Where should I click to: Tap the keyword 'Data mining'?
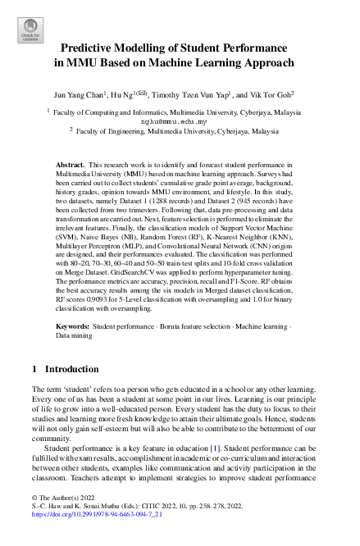[73, 312]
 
